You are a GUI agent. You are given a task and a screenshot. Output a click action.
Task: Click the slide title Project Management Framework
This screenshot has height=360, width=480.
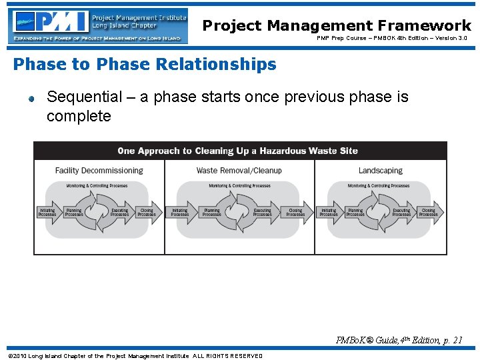pyautogui.click(x=337, y=25)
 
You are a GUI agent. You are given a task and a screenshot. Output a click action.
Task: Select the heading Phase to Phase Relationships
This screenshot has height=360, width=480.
pyautogui.click(x=145, y=65)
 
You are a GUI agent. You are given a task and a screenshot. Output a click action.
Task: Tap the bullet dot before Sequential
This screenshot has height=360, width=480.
pyautogui.click(x=31, y=99)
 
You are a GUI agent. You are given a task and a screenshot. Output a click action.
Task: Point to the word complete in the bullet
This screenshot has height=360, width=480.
pyautogui.click(x=79, y=117)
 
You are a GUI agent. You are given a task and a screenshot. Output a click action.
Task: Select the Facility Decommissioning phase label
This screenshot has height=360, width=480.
pyautogui.click(x=99, y=171)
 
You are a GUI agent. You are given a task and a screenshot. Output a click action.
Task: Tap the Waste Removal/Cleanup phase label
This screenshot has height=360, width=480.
pyautogui.click(x=239, y=171)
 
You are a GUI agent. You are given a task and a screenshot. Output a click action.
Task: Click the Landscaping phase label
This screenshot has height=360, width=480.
pyautogui.click(x=380, y=171)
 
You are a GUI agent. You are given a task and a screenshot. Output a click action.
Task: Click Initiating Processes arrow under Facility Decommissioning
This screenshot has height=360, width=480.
pyautogui.click(x=48, y=212)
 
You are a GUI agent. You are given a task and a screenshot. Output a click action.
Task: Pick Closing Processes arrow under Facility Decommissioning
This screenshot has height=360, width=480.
pyautogui.click(x=147, y=212)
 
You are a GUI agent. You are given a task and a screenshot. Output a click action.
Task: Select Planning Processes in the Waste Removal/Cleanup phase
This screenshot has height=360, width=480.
pyautogui.click(x=211, y=212)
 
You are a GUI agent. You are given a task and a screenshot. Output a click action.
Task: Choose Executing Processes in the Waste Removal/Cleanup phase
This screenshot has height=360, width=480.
pyautogui.click(x=262, y=212)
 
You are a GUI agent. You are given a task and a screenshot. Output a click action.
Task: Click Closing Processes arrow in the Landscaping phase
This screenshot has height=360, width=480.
pyautogui.click(x=428, y=212)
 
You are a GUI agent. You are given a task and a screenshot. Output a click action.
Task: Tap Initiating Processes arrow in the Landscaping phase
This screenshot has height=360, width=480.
pyautogui.click(x=329, y=212)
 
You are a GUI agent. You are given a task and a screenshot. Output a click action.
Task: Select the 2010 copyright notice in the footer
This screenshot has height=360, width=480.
pyautogui.click(x=135, y=355)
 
